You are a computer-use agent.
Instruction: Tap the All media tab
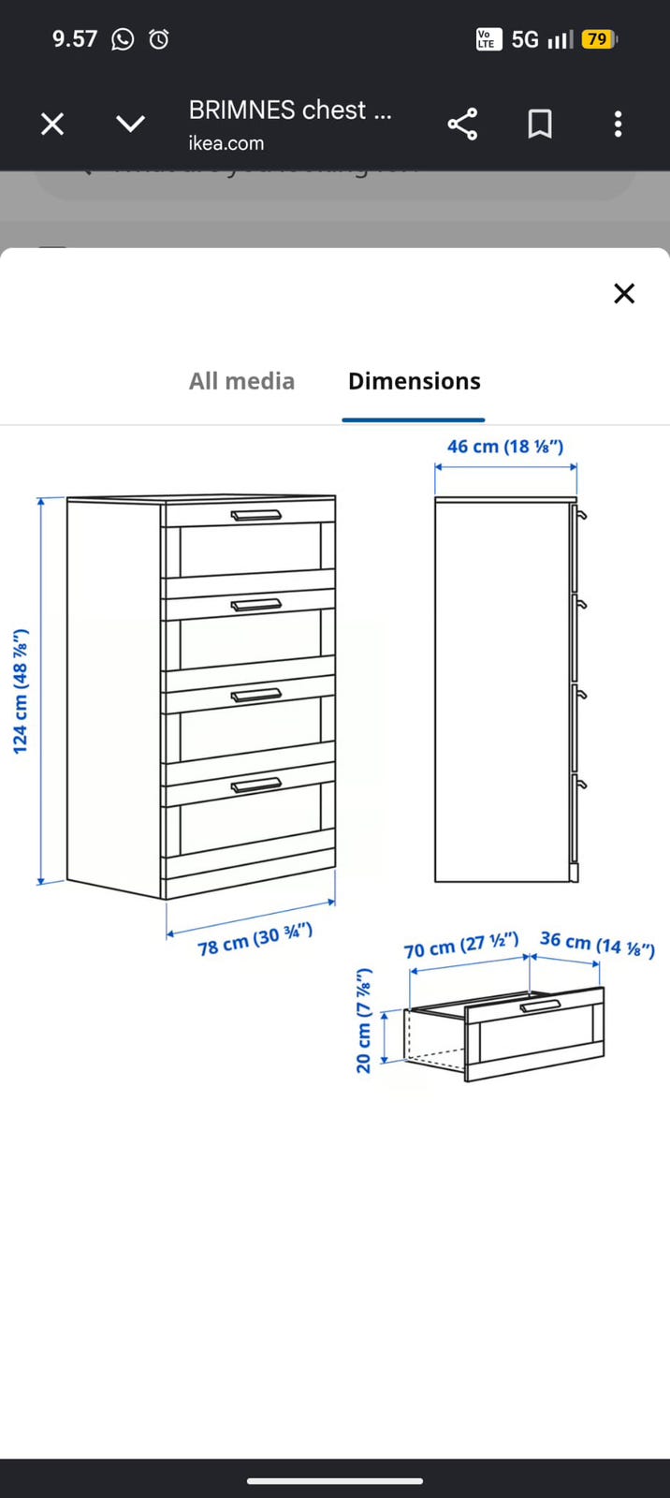point(241,381)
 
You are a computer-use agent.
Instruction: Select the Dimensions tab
point(414,381)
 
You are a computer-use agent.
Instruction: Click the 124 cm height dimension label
point(22,692)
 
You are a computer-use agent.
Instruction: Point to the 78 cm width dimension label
point(255,938)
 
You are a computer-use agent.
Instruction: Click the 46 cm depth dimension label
point(505,446)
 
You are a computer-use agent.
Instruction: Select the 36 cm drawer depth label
point(597,944)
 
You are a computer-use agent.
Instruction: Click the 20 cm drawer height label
point(363,1021)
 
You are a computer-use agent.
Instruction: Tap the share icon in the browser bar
point(462,124)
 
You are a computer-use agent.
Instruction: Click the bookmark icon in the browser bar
point(540,124)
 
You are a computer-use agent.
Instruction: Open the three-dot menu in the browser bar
point(618,124)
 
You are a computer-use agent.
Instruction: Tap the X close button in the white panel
point(624,293)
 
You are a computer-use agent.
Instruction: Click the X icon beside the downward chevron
point(52,124)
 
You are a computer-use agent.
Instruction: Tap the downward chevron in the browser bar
point(130,124)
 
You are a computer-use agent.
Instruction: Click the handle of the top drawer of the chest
point(256,515)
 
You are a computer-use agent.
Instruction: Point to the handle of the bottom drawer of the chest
point(256,786)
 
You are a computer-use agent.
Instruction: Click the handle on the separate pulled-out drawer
point(540,1006)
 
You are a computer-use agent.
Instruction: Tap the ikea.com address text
point(226,143)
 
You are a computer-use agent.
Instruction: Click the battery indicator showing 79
point(600,39)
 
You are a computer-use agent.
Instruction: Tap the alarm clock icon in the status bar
point(158,39)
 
